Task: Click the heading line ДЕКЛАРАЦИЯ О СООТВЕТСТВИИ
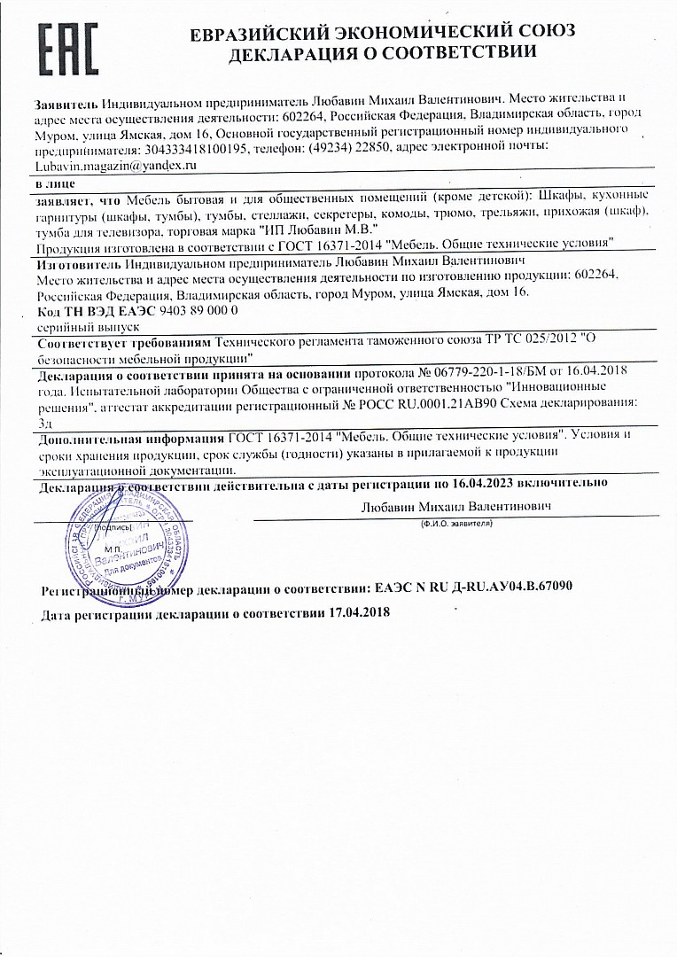point(383,52)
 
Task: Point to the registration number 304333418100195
point(191,148)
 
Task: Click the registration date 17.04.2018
point(359,613)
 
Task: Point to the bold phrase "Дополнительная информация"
point(131,437)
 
